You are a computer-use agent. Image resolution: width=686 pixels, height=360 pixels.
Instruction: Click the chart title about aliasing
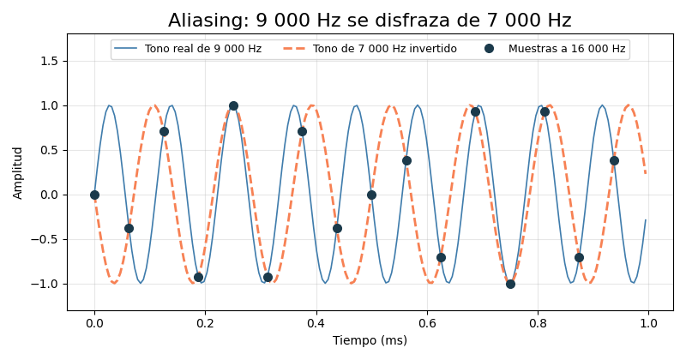[370, 20]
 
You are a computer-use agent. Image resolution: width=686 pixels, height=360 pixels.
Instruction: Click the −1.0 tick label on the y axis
[45, 285]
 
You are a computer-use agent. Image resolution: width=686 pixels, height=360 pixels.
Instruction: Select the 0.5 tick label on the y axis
[50, 151]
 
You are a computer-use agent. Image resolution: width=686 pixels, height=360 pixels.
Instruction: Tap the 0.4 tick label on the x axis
[316, 323]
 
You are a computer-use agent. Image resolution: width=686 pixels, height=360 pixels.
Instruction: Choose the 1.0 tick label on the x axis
[648, 323]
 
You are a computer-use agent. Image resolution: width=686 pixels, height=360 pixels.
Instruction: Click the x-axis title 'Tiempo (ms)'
[370, 340]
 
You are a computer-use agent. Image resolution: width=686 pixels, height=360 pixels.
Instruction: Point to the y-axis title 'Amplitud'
[17, 173]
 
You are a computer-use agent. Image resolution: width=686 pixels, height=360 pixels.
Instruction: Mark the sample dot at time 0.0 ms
[94, 195]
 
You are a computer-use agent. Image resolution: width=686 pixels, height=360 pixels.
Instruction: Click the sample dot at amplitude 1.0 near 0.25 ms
[233, 105]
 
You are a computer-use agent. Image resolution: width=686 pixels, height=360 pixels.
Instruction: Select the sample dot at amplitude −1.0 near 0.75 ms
[510, 285]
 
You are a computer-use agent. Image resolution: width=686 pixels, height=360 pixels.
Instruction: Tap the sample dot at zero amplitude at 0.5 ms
[371, 195]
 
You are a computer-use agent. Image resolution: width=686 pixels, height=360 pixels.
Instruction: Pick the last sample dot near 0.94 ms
[614, 161]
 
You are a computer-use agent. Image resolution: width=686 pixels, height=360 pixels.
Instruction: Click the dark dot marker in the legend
[489, 49]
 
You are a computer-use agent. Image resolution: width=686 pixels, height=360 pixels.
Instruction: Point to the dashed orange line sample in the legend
[294, 49]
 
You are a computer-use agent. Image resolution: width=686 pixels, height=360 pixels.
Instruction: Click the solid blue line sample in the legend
[126, 49]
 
